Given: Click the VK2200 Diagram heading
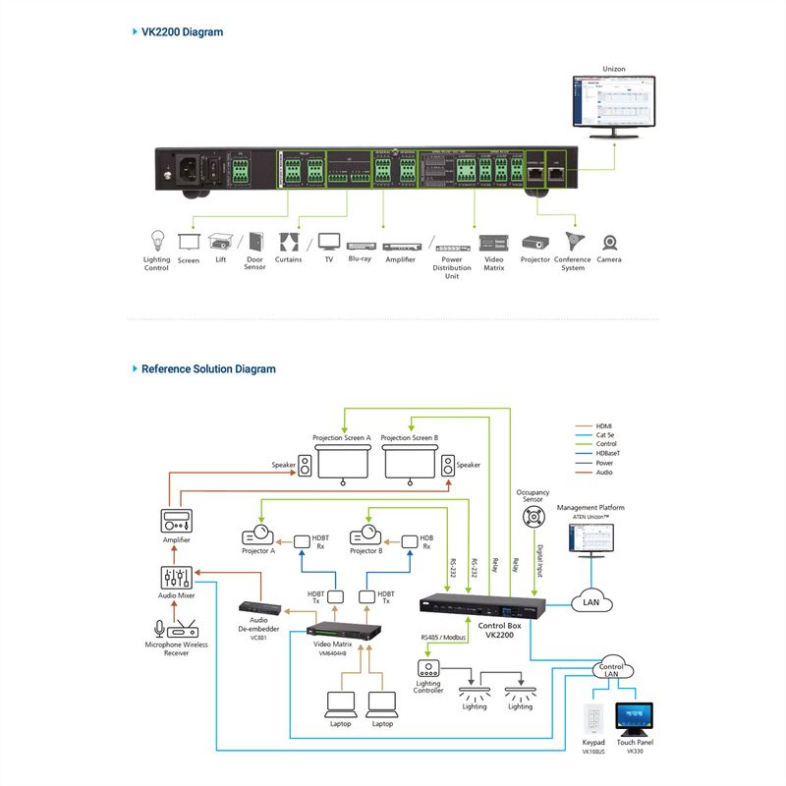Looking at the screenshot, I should [x=182, y=32].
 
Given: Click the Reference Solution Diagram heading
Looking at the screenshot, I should [x=208, y=369].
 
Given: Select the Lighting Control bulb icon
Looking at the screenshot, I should [x=156, y=241].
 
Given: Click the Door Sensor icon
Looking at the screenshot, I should [x=255, y=241].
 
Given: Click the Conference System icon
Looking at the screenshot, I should [x=572, y=242].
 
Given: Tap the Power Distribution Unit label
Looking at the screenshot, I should [x=452, y=267].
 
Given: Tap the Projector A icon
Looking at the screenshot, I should [x=258, y=536].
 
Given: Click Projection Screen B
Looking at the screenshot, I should [x=410, y=461].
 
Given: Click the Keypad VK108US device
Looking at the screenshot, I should [x=594, y=718].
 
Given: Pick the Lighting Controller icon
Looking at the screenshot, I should [x=428, y=669].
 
